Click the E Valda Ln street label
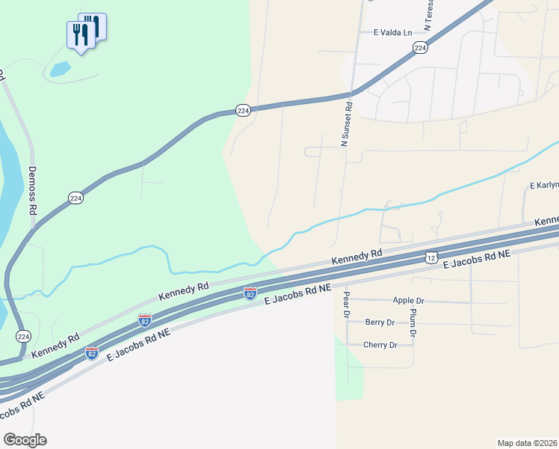[392, 33]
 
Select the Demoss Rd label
[33, 191]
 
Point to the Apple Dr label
[408, 301]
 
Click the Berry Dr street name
[380, 323]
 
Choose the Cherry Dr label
[380, 345]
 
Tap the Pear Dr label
[346, 304]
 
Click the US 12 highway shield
[431, 257]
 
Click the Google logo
[25, 440]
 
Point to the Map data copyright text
[528, 442]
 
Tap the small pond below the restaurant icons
[60, 70]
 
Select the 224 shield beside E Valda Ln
[420, 48]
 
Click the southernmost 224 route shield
[23, 336]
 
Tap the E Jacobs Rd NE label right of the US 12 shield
[476, 260]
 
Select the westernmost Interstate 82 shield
[91, 352]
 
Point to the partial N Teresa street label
[429, 15]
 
